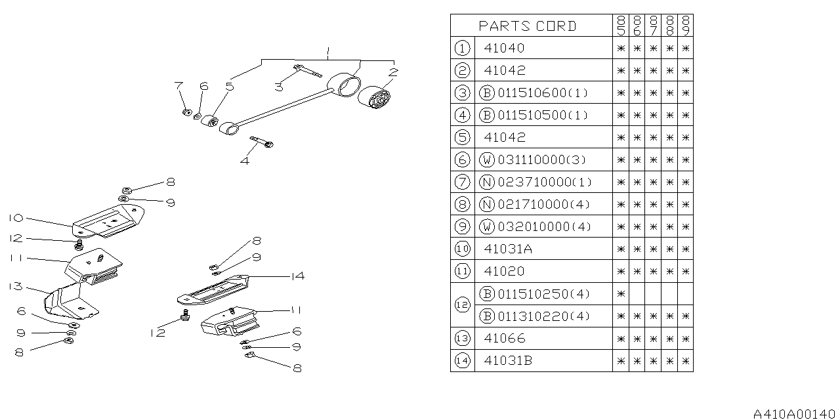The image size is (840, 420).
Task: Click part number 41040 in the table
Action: [504, 48]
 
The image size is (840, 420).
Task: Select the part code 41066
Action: [504, 339]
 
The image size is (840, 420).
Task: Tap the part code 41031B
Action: [508, 361]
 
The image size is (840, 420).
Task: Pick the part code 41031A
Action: [508, 249]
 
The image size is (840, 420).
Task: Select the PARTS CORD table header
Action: [528, 26]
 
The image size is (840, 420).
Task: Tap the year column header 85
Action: [620, 26]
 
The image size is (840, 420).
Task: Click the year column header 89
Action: [686, 26]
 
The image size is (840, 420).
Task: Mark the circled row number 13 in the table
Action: [462, 339]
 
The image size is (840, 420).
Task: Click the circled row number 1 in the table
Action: [462, 48]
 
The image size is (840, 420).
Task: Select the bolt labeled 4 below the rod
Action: [261, 141]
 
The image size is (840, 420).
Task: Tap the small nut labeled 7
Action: [186, 112]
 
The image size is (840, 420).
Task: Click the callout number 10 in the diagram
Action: [16, 217]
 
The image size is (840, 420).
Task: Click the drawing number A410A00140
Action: [795, 414]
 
